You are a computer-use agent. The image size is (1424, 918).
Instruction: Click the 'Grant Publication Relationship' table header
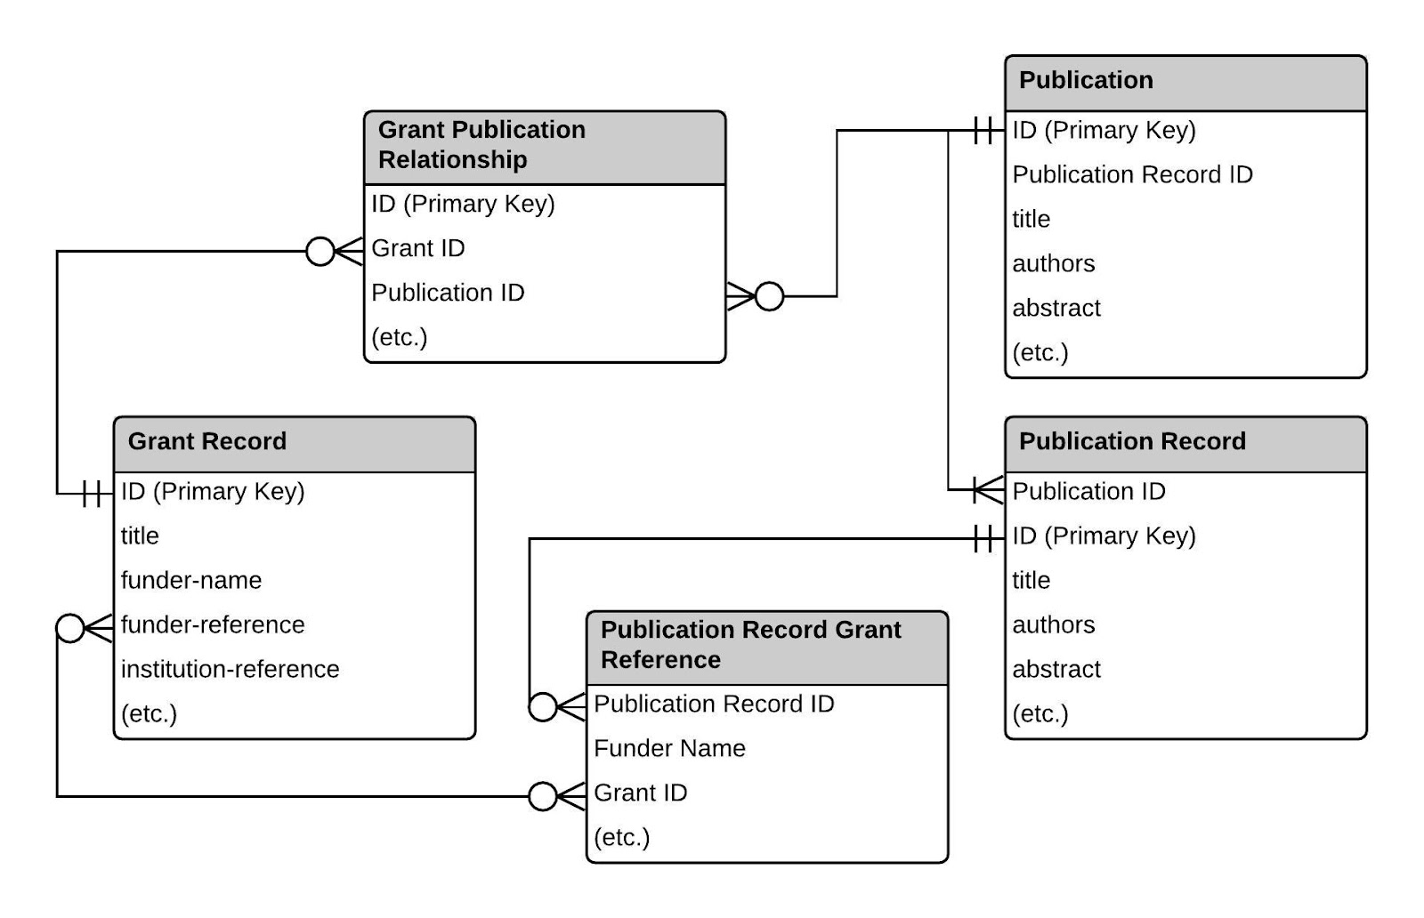click(481, 145)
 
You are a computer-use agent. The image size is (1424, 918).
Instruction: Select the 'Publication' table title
click(1086, 81)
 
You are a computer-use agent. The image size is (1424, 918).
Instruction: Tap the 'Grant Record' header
click(207, 442)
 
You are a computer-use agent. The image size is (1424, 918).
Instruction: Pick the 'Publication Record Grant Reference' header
click(750, 645)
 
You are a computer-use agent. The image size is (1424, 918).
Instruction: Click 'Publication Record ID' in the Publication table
click(1132, 175)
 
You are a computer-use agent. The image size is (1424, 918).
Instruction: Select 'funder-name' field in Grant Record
click(191, 581)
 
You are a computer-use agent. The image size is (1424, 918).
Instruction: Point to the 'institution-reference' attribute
click(230, 670)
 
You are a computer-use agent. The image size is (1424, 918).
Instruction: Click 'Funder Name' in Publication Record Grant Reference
click(669, 749)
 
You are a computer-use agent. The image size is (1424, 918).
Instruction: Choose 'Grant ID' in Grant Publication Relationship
click(418, 249)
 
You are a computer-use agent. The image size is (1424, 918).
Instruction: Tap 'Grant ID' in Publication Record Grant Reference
click(641, 793)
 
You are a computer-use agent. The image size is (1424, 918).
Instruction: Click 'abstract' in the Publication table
click(1056, 309)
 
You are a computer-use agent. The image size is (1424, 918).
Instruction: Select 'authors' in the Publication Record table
click(1054, 625)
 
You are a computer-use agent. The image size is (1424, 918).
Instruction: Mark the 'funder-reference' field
click(213, 625)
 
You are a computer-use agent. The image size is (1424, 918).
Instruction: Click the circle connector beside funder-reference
click(70, 628)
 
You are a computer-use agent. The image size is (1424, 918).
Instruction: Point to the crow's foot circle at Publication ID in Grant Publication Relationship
click(769, 296)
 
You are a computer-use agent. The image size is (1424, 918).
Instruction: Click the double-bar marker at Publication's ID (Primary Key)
click(983, 131)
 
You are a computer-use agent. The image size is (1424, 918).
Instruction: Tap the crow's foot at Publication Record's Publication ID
click(988, 490)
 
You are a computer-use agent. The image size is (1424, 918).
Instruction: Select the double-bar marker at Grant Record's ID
click(92, 494)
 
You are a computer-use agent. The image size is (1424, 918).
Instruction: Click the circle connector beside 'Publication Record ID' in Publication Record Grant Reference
click(543, 708)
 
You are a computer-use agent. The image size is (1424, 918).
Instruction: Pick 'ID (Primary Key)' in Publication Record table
click(1104, 536)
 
